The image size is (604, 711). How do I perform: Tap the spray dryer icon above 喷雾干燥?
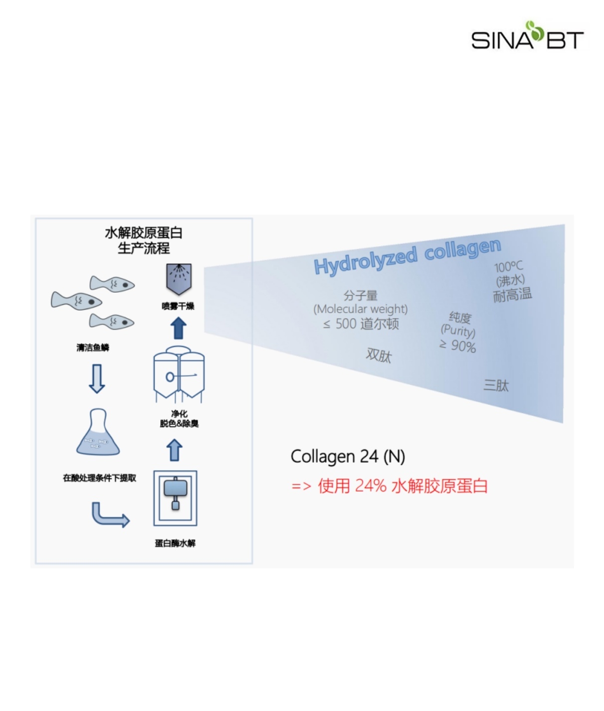click(179, 279)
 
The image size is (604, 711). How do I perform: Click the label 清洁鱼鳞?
click(93, 348)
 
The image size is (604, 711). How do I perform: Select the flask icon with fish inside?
click(98, 432)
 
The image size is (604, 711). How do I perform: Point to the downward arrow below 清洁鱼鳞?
click(97, 379)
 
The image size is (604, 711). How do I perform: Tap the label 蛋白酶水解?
click(175, 543)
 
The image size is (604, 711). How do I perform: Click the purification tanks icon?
click(179, 374)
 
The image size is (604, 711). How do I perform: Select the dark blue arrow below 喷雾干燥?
click(178, 328)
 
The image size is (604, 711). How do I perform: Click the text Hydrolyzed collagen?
click(407, 256)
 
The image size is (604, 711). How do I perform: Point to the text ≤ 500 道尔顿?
click(361, 324)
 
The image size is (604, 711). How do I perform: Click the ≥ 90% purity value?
click(458, 346)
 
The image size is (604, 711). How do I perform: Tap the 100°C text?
click(508, 267)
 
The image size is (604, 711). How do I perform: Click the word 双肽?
click(379, 355)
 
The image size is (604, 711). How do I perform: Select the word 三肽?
click(496, 385)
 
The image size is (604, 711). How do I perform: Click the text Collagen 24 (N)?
click(348, 456)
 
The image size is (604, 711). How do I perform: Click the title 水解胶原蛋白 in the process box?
click(144, 233)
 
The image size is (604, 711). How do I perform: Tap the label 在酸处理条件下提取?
click(99, 478)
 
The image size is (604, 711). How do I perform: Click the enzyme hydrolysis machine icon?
click(175, 498)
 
